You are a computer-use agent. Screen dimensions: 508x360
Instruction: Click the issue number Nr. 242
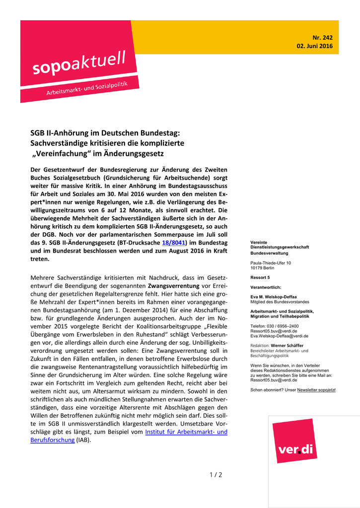(x=322, y=37)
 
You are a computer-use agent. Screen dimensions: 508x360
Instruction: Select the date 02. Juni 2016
(x=314, y=46)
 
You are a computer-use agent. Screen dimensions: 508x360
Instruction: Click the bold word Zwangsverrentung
(x=173, y=286)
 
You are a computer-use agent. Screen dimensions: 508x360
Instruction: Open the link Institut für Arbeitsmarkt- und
(x=186, y=432)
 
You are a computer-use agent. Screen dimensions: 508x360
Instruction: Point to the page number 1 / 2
(x=216, y=475)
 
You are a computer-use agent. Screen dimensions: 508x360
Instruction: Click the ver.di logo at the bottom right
(x=296, y=449)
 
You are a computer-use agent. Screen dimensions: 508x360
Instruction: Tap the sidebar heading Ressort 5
(x=260, y=277)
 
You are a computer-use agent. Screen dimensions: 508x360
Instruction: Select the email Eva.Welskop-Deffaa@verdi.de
(x=279, y=336)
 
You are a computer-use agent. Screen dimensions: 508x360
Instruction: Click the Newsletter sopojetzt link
(x=316, y=390)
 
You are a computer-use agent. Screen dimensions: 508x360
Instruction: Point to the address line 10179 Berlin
(x=263, y=267)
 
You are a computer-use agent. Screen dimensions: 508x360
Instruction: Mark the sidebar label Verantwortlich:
(x=266, y=287)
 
